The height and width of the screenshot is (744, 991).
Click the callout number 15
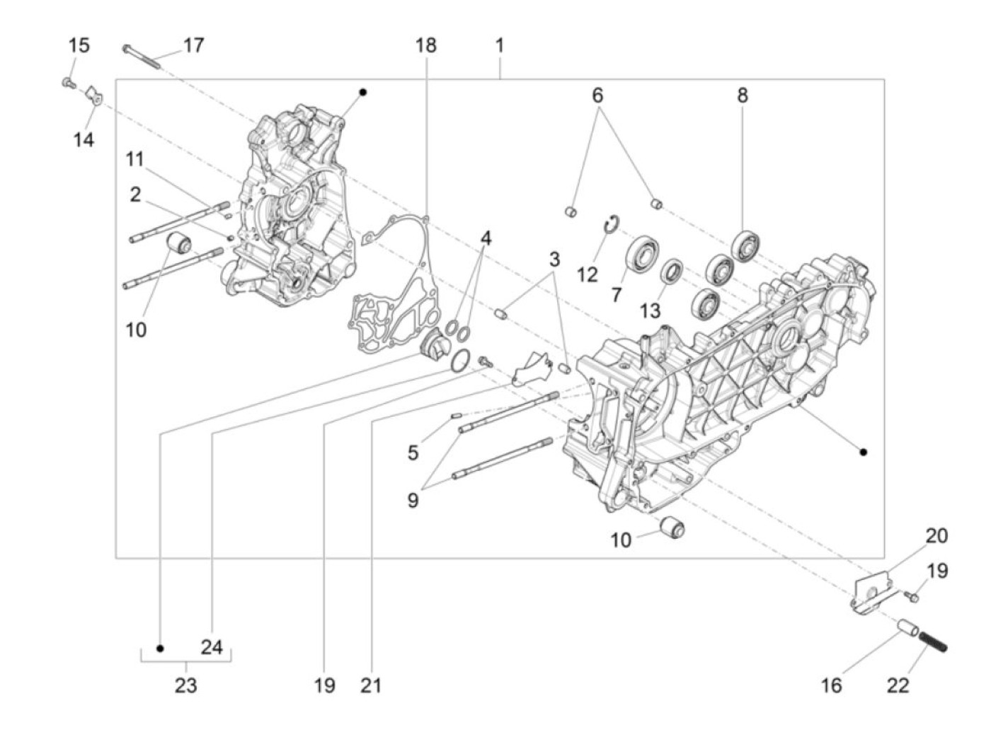[x=79, y=46]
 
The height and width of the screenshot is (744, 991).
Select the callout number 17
[x=193, y=46]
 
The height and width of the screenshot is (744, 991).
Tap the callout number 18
[x=426, y=46]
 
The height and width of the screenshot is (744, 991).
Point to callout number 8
[x=742, y=95]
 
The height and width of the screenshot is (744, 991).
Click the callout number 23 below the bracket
[x=186, y=685]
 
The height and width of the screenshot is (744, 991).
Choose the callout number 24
[x=212, y=647]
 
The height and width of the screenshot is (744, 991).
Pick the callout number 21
[x=371, y=685]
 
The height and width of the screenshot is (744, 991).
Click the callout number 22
[x=898, y=685]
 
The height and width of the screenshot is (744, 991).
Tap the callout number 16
[x=832, y=685]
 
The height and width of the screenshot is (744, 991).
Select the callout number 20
[x=936, y=536]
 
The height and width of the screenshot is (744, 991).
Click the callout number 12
[x=587, y=274]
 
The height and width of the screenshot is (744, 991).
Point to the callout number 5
[x=413, y=453]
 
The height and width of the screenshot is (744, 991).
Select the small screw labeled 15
[x=68, y=83]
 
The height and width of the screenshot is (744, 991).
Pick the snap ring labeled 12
[x=612, y=223]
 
